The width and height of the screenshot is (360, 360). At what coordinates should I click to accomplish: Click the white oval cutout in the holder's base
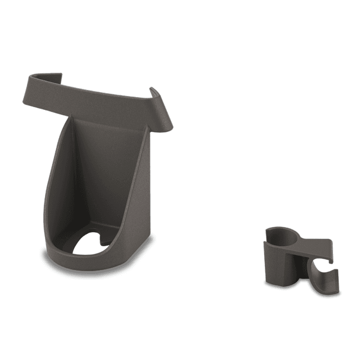[89, 245]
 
